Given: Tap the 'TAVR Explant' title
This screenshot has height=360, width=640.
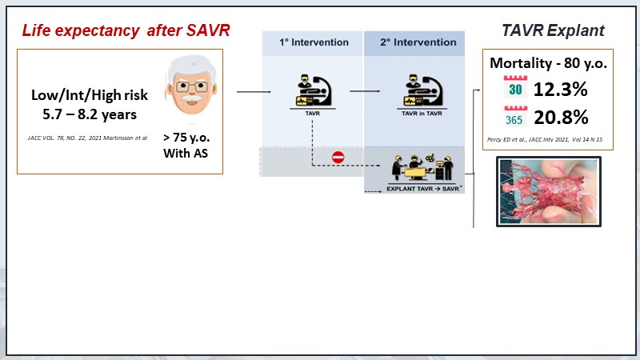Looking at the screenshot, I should [x=547, y=31].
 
